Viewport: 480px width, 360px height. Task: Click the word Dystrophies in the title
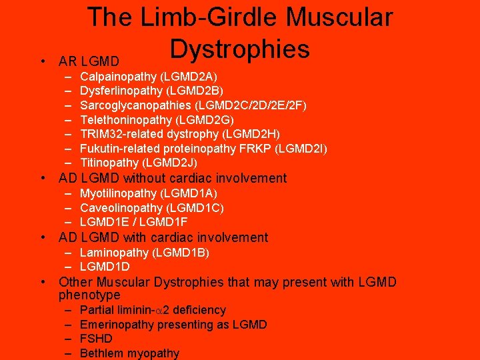[x=239, y=49]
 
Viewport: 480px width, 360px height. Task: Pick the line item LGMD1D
[x=105, y=267]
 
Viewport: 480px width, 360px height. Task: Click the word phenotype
[x=89, y=295]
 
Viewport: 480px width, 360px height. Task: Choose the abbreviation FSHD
[x=96, y=339]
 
